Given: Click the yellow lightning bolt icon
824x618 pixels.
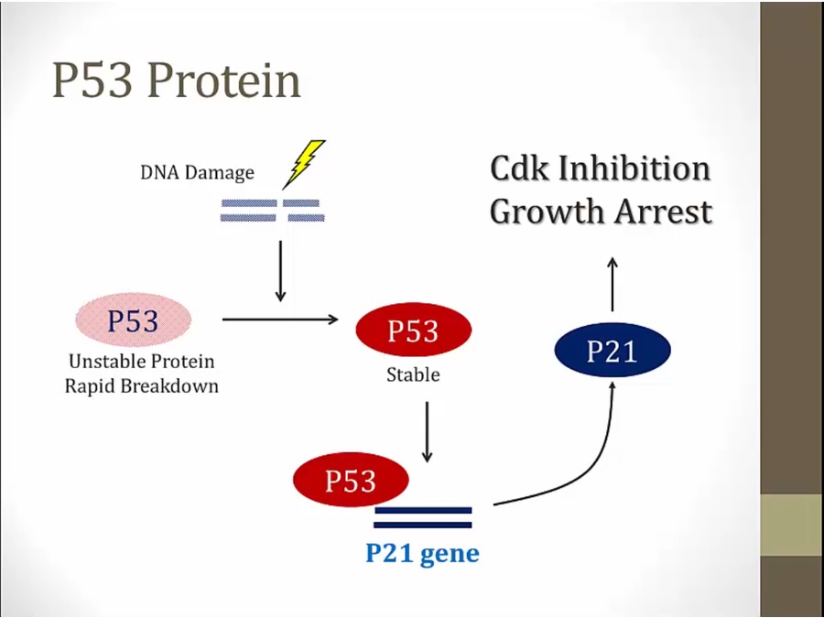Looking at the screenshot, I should coord(304,163).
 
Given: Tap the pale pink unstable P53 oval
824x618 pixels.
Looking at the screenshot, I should coord(133,321).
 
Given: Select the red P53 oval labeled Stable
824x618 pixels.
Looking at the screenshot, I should coord(413,331).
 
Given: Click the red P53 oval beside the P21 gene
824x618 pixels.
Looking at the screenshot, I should coord(351,481).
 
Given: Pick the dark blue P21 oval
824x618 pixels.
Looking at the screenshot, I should coord(613,351).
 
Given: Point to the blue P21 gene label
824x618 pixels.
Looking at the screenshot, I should coord(422,554).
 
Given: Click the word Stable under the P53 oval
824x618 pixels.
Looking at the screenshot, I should coord(413,375).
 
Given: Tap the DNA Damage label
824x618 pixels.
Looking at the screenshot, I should coord(197,172).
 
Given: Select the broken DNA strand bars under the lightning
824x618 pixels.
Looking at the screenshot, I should coord(271,211).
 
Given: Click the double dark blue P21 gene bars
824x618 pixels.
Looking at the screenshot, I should coord(422,517).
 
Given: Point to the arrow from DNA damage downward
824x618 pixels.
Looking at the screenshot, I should coord(281,270).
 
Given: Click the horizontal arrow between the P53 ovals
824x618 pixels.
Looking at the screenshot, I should coord(280,320).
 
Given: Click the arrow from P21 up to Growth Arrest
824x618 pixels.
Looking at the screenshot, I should coord(613,284).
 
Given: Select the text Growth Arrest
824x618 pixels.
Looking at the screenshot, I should coord(601,211).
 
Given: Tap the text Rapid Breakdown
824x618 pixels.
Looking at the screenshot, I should coord(142,385).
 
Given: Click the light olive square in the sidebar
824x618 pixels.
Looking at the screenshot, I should coord(792,525).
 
